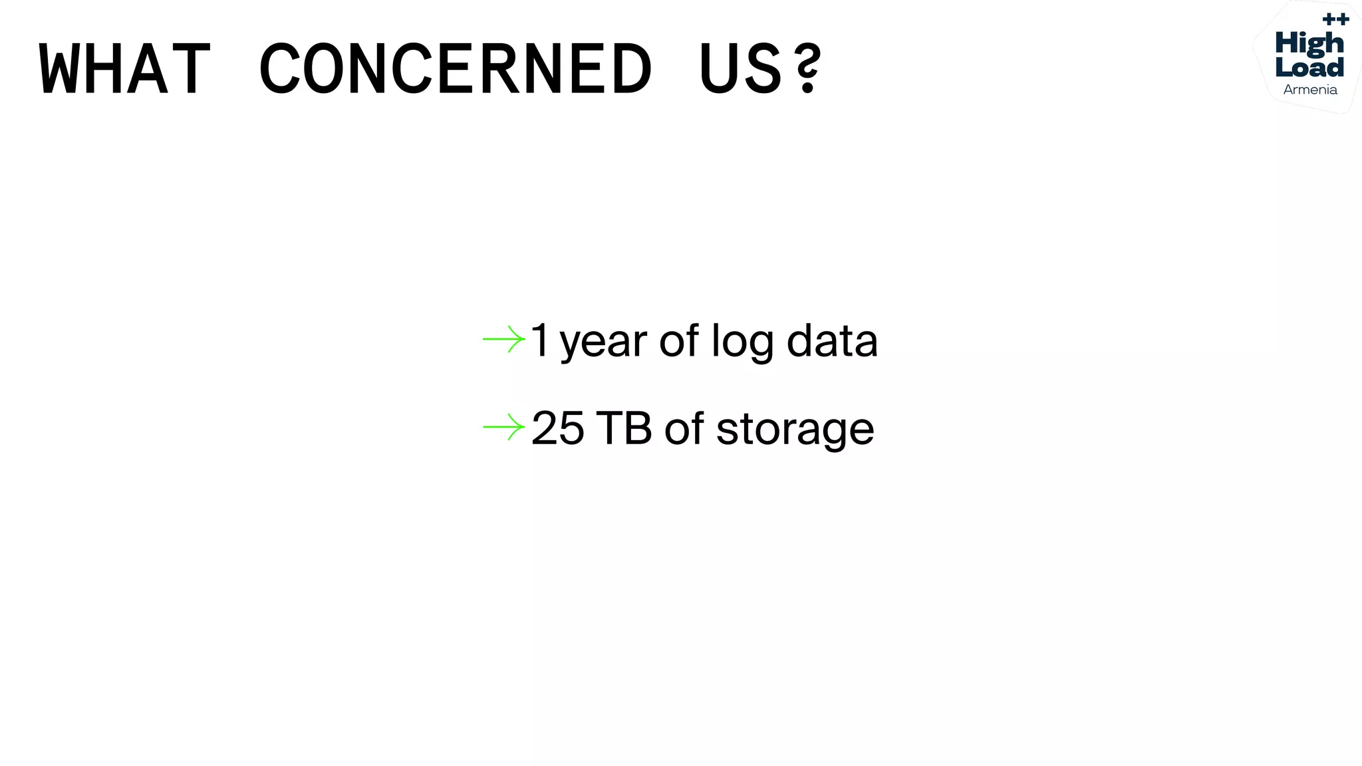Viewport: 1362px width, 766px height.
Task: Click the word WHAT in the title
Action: (x=125, y=68)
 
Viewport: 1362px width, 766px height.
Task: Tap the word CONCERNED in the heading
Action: (x=456, y=68)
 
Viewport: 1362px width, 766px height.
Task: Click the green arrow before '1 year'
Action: (x=503, y=339)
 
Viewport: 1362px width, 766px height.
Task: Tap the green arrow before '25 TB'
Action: (x=503, y=427)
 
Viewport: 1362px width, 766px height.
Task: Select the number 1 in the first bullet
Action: (x=539, y=340)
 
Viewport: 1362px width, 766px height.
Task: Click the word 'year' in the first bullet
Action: (x=603, y=343)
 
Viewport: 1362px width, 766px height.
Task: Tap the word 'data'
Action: (x=832, y=340)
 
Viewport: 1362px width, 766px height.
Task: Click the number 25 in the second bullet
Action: (x=557, y=428)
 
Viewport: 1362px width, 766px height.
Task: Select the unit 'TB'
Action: (x=624, y=428)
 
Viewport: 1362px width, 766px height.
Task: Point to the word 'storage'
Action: (x=795, y=431)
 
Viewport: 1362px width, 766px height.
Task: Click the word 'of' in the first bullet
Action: (x=678, y=340)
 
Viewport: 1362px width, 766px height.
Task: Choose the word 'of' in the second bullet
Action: (x=684, y=428)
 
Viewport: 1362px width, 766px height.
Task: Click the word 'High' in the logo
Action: (x=1309, y=45)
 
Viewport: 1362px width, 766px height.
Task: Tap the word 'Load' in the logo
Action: (x=1309, y=67)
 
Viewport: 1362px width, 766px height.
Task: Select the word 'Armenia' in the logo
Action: (x=1309, y=90)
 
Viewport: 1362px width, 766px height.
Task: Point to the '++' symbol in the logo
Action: (x=1335, y=19)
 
